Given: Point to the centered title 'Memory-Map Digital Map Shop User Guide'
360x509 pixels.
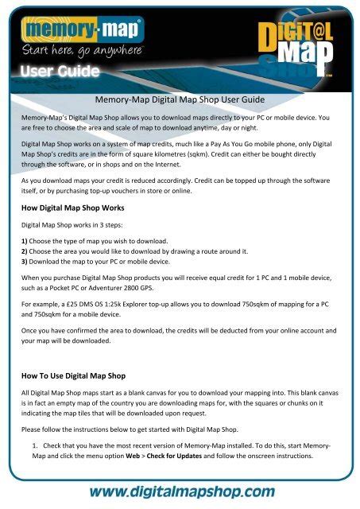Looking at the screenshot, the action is (x=180, y=100).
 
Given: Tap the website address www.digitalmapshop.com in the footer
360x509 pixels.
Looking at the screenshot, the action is (x=180, y=490).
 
